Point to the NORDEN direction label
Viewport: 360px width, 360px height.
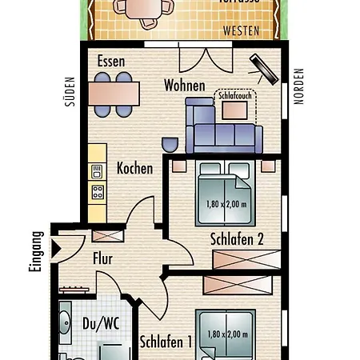tap(299, 86)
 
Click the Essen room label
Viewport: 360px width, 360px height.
tap(112, 62)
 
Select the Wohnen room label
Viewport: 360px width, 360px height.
tap(184, 86)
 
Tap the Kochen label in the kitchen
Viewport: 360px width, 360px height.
tap(134, 169)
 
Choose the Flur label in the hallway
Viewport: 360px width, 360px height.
tap(103, 258)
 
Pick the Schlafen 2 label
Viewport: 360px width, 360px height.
tap(237, 238)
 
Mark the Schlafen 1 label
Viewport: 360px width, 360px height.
tap(166, 342)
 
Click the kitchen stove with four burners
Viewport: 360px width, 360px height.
tap(98, 191)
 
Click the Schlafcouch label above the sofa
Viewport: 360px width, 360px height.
tap(234, 95)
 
